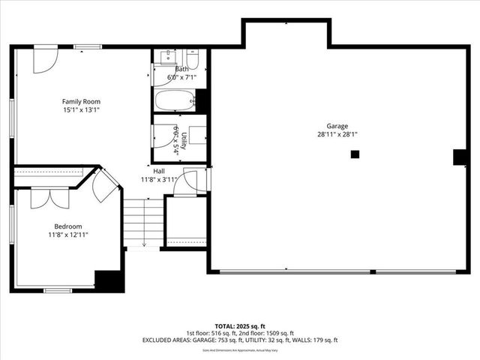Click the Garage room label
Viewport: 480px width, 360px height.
click(x=337, y=126)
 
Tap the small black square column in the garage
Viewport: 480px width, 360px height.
click(x=355, y=154)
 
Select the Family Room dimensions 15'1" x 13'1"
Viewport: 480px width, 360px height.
click(x=81, y=110)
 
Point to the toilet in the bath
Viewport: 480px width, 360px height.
click(x=192, y=60)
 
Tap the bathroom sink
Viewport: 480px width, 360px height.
click(x=166, y=56)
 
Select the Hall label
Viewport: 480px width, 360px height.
click(x=159, y=170)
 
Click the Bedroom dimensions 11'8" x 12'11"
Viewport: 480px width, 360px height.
click(x=67, y=235)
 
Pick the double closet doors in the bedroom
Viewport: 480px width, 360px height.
click(x=49, y=197)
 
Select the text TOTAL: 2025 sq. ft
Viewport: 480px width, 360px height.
click(x=240, y=326)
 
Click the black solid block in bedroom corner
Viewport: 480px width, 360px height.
click(x=109, y=280)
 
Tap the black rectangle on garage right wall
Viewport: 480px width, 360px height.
click(x=460, y=157)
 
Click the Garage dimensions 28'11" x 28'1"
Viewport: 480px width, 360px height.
click(x=337, y=135)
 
